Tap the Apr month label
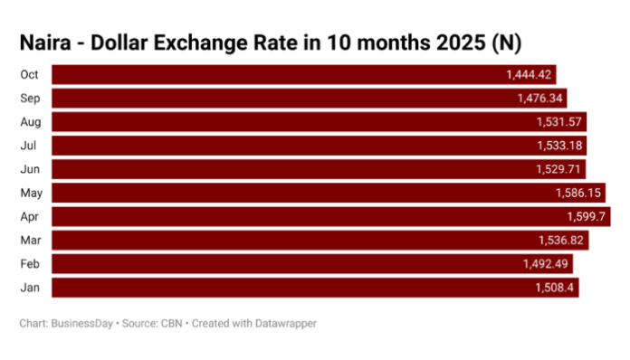click(x=29, y=216)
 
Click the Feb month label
click(x=29, y=263)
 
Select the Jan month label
click(x=29, y=287)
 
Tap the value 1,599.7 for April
click(x=584, y=216)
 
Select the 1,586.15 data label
click(x=578, y=193)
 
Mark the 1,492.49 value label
click(x=546, y=264)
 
